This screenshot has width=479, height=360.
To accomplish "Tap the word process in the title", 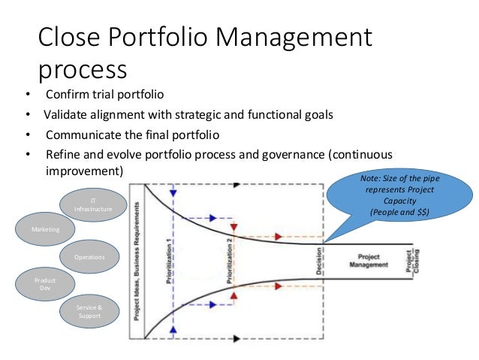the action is pos(83,70).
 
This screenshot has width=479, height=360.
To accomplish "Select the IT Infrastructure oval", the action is pos(93,204).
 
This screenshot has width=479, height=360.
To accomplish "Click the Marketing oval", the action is pos(46,227).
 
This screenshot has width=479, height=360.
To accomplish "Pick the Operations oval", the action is pos(89,257).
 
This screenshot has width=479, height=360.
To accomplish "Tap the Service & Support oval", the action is pos(89,310).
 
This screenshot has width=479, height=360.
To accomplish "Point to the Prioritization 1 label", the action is pos(170,256).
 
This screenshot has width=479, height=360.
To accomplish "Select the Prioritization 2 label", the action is pos(231,256).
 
